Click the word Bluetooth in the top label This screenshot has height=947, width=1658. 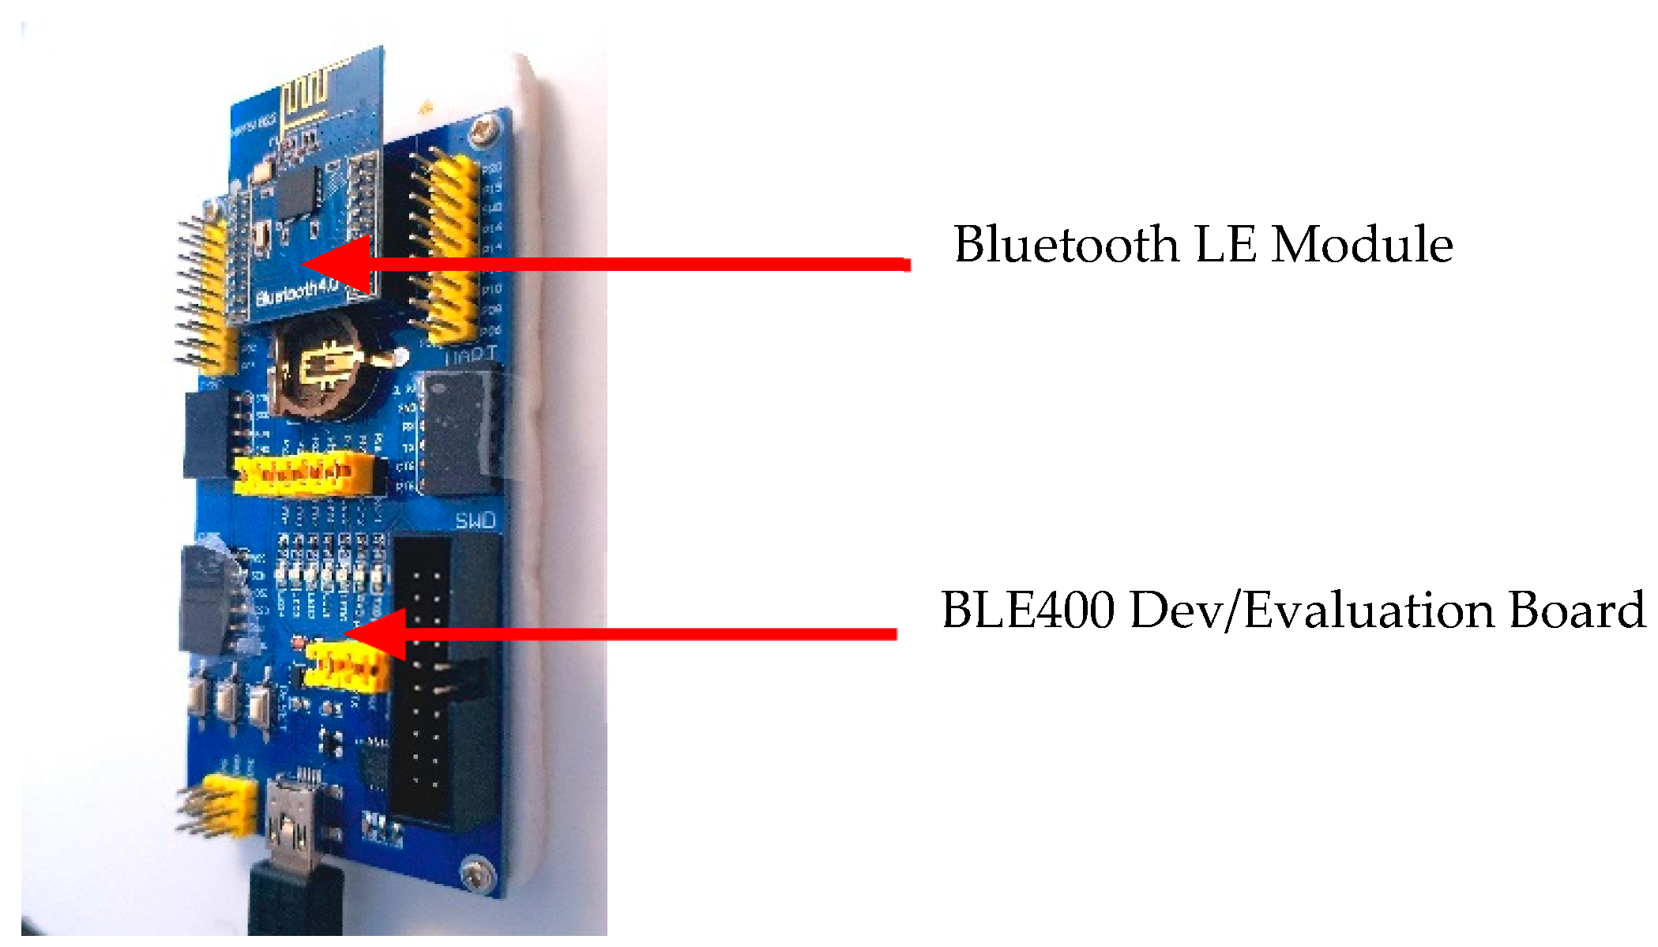point(1066,244)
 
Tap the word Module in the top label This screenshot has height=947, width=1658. point(1362,244)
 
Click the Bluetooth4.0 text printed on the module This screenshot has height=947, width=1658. point(297,294)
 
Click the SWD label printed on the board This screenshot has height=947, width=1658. point(476,520)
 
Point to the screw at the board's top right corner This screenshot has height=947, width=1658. point(483,128)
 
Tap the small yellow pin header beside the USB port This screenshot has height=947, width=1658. point(230,806)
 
